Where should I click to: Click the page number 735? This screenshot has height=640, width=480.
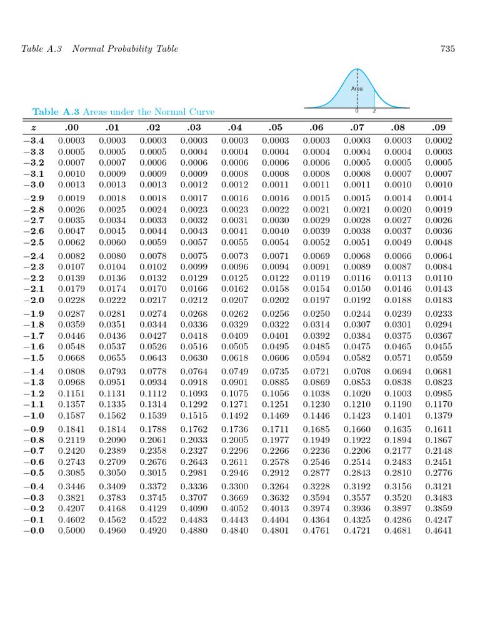tap(447, 49)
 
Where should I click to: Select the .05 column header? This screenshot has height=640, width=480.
tap(275, 127)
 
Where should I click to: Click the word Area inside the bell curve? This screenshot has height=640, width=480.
tap(357, 89)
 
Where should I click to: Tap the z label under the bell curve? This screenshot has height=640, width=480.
tap(374, 111)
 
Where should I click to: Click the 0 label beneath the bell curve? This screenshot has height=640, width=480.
tap(357, 111)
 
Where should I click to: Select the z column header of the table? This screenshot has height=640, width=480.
tap(34, 127)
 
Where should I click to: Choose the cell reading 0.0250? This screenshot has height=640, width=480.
tap(316, 314)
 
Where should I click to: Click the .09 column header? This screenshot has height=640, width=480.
tap(438, 127)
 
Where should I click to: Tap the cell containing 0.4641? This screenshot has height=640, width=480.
tap(438, 531)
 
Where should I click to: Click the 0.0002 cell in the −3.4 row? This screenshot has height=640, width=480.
tap(438, 141)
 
